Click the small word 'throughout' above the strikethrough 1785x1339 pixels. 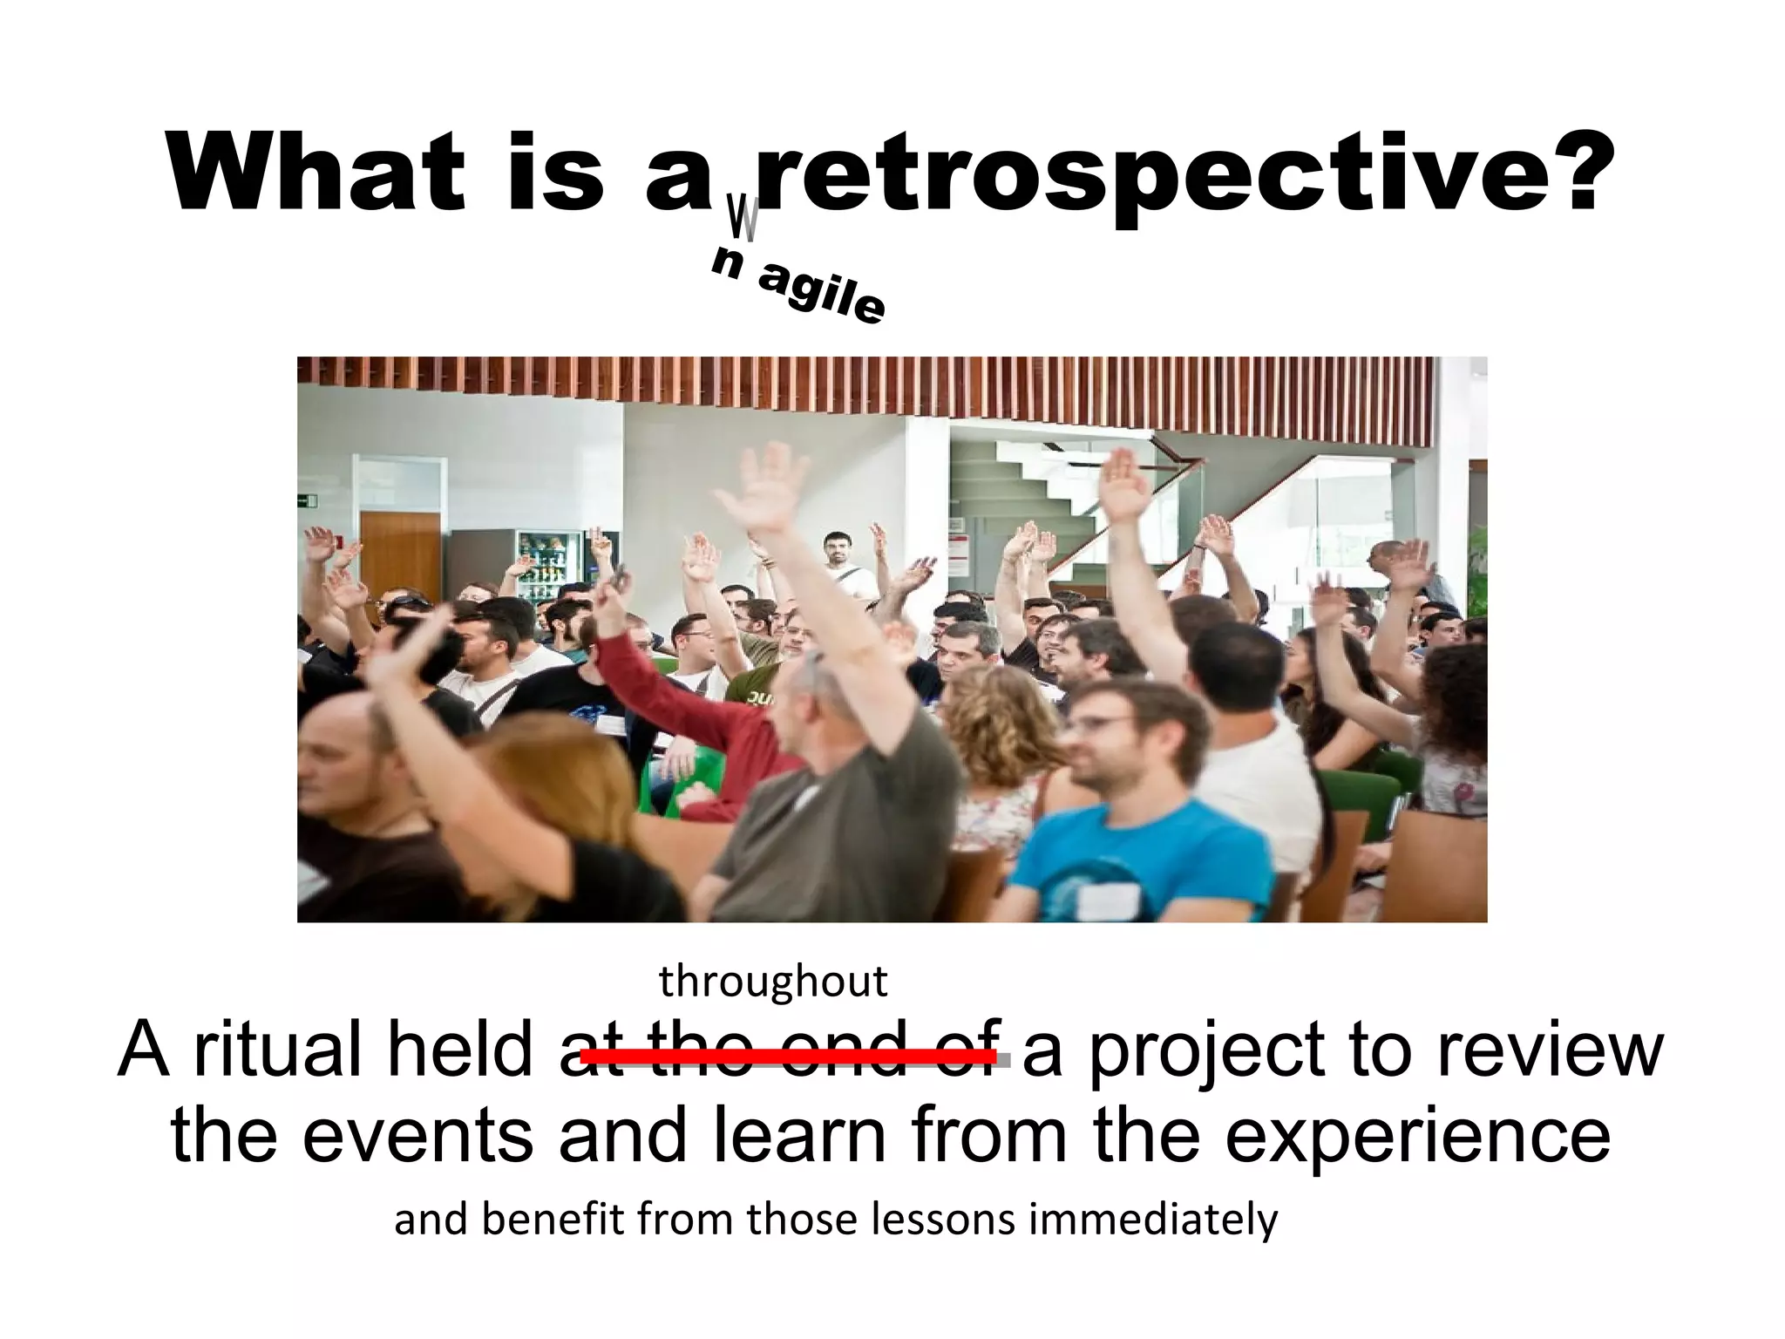coord(773,982)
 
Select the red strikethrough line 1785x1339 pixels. coord(789,1057)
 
